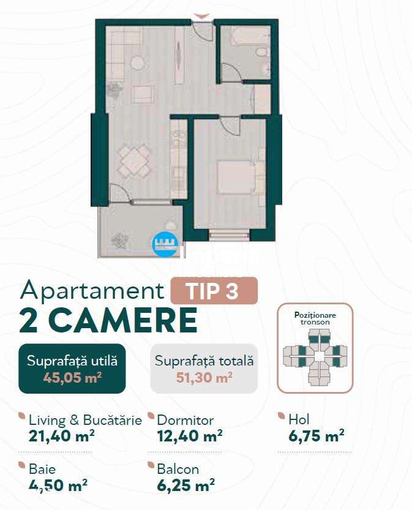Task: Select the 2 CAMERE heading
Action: (108, 320)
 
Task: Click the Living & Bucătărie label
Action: (85, 420)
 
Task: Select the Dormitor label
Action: (185, 420)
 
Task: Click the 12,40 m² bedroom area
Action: (189, 436)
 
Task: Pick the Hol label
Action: (299, 419)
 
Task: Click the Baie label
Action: (42, 470)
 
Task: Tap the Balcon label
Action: (178, 470)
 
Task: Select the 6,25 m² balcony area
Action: (185, 486)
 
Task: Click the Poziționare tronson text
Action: (315, 318)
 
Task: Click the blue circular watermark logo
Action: (164, 244)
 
